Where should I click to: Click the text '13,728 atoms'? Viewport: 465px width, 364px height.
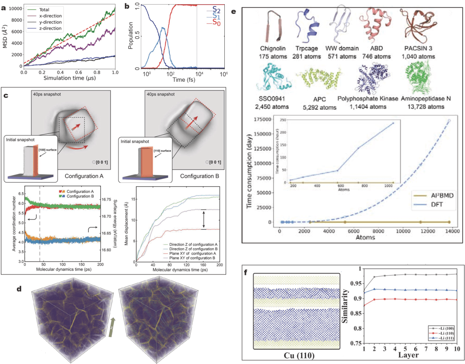click(425, 107)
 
